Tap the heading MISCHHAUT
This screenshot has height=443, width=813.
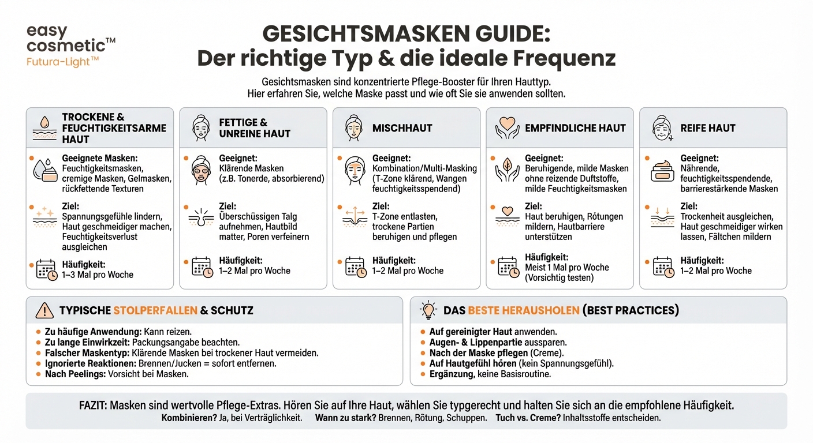point(402,128)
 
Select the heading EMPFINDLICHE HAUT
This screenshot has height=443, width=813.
point(575,128)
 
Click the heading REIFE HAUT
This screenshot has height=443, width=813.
point(708,128)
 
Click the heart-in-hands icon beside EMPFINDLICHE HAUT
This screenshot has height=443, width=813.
point(507,128)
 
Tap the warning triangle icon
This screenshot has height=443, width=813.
point(44,310)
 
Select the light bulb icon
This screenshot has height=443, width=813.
point(429,310)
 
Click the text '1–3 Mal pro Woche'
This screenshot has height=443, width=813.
point(98,275)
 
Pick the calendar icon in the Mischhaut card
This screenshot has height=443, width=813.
point(355,266)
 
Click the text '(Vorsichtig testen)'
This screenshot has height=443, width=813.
point(560,277)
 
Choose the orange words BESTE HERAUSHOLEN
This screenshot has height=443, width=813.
point(523,310)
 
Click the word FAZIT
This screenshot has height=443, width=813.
point(92,405)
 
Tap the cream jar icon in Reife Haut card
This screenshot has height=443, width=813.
point(663,171)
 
